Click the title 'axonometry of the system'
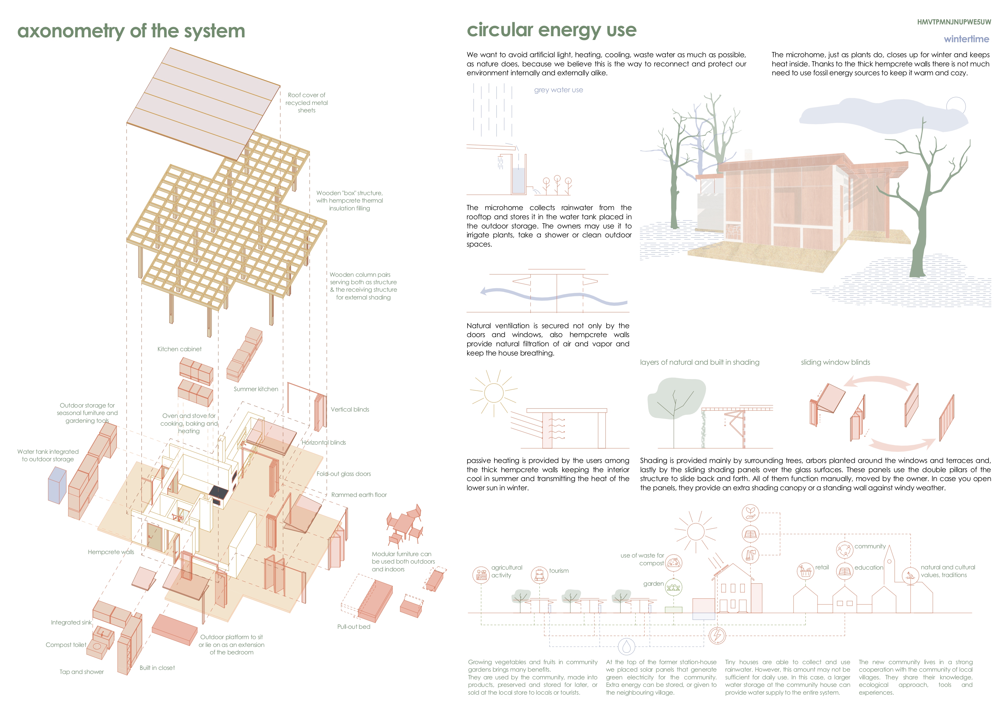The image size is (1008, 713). [x=131, y=31]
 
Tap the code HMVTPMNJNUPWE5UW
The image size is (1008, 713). [x=954, y=22]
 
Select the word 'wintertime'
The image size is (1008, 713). [x=966, y=39]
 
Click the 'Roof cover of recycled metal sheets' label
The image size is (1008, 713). [x=306, y=103]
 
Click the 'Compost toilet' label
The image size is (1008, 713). [x=66, y=645]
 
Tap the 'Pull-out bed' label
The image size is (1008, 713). [x=353, y=626]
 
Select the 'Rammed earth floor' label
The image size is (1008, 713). [x=359, y=495]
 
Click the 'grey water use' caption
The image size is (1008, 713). [x=558, y=90]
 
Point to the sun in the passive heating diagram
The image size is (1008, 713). [x=494, y=393]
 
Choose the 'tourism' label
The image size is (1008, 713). [x=559, y=571]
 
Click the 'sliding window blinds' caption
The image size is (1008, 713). [x=835, y=362]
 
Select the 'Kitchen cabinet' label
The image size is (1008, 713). [x=180, y=349]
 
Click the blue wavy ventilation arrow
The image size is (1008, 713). [x=553, y=295]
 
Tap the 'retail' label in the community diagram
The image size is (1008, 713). [x=822, y=567]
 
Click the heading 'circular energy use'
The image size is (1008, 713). [x=551, y=30]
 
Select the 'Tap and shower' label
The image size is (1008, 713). [x=82, y=672]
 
